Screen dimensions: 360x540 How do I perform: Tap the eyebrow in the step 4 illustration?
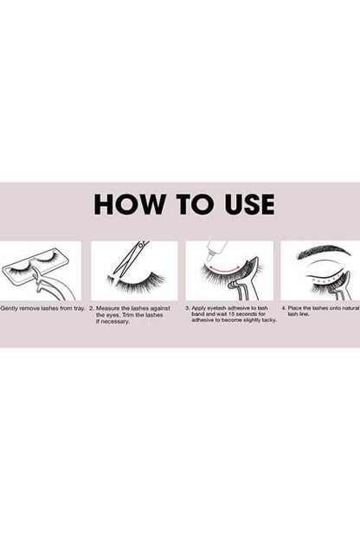tap(323, 251)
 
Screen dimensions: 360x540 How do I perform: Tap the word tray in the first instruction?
tap(80, 308)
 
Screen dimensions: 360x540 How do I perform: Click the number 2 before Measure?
tap(91, 308)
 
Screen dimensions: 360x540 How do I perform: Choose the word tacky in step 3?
tap(269, 320)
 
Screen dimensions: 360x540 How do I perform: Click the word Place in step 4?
tap(294, 308)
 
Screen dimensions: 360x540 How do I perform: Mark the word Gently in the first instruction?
tap(9, 309)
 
